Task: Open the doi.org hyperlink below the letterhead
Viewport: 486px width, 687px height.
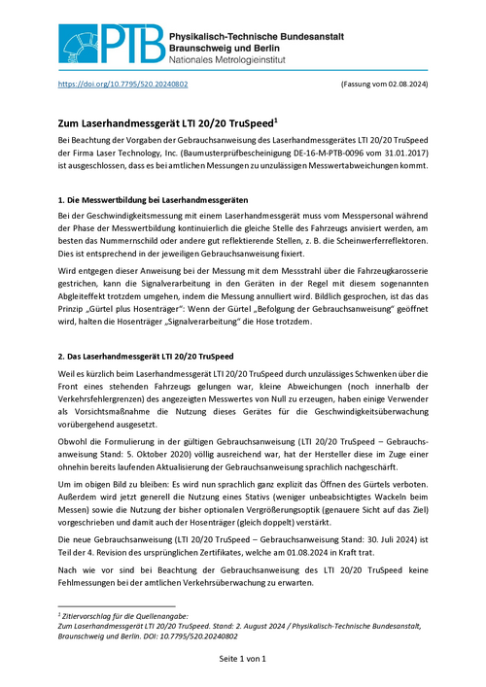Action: point(123,86)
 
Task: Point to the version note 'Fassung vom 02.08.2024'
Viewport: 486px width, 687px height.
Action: point(383,86)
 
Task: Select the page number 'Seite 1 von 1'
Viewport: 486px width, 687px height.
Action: point(242,660)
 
